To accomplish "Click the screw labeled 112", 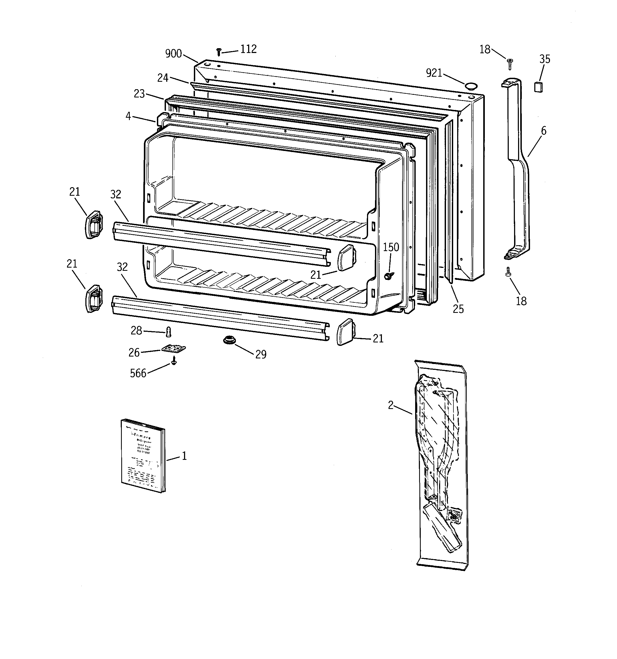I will coord(219,52).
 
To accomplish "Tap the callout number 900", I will coord(174,54).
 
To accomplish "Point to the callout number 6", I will coord(544,131).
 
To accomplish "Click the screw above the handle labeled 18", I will coord(510,63).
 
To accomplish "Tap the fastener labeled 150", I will coord(388,276).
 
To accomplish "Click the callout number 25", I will coord(458,309).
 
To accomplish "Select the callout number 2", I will coord(391,405).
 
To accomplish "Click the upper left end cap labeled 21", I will coord(94,224).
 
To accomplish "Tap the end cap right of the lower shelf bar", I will coord(345,332).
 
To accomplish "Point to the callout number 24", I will coord(162,78).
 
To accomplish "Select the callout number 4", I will coord(128,116).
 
